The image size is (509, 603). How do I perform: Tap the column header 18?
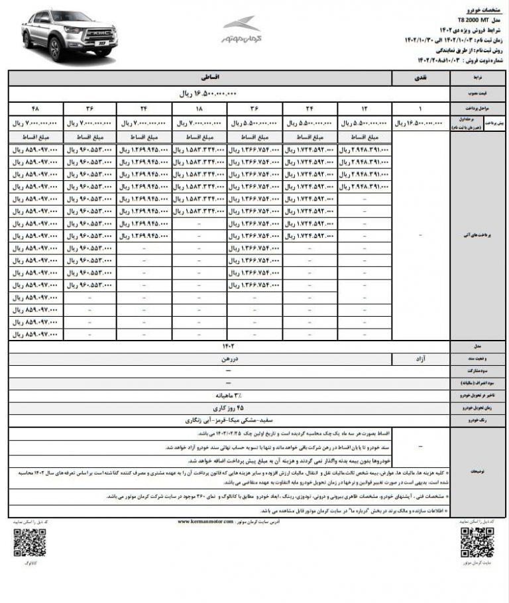click(x=198, y=107)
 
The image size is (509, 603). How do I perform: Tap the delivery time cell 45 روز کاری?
click(x=229, y=408)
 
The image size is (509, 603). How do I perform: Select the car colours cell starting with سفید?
click(x=229, y=420)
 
